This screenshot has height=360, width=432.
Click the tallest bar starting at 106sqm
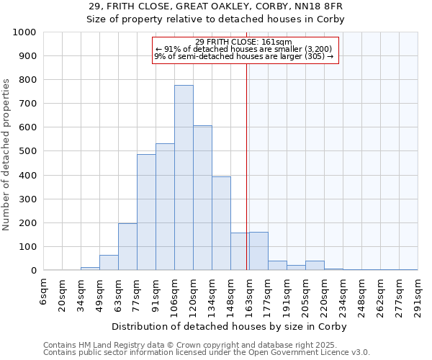(184, 178)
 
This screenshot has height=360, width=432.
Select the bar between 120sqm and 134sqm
(202, 198)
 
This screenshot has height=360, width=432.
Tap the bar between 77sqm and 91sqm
(146, 212)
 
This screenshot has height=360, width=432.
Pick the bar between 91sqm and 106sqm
(165, 207)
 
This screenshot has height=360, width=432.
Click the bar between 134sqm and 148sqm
(221, 223)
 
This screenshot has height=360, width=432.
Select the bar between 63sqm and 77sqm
(127, 247)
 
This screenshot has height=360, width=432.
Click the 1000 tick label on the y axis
(24, 32)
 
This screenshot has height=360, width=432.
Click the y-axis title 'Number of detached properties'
(7, 151)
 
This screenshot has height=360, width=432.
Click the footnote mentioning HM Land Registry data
(205, 345)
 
